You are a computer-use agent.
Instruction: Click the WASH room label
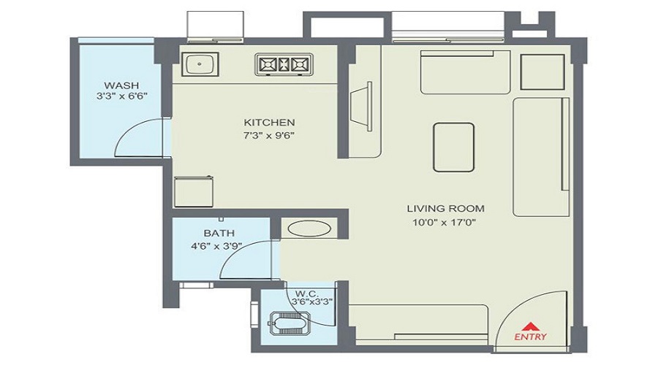point(117,84)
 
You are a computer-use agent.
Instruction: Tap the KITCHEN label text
point(269,122)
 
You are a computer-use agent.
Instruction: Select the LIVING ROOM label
point(445,208)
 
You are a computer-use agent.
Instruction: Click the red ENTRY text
point(530,337)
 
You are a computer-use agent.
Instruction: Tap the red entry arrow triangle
point(530,325)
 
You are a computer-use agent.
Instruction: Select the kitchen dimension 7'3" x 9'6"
point(269,134)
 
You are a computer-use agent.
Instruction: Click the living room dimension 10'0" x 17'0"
point(445,222)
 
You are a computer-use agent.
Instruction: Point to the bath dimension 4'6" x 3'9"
point(217,247)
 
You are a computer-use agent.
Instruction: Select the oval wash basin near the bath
point(303,228)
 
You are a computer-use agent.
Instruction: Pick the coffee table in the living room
point(453,147)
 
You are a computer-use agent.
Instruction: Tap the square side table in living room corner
point(541,70)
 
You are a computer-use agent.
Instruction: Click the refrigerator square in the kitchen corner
point(193,192)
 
